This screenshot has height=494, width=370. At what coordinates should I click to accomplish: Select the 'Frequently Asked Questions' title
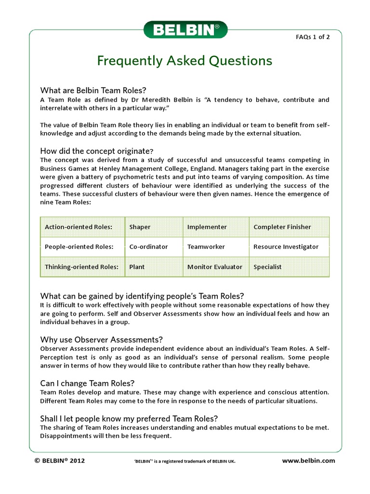click(x=185, y=61)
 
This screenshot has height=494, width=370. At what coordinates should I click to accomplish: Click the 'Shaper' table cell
click(x=140, y=227)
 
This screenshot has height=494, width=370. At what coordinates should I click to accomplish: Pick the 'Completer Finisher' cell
click(x=282, y=227)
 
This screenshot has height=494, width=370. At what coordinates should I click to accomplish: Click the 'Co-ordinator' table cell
click(x=148, y=247)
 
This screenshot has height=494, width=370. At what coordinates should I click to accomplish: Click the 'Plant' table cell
click(x=137, y=267)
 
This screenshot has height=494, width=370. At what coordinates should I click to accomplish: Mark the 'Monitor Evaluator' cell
click(x=214, y=267)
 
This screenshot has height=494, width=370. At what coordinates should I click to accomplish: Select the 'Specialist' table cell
click(x=267, y=267)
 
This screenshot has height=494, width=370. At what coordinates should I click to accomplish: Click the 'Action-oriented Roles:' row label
click(x=79, y=227)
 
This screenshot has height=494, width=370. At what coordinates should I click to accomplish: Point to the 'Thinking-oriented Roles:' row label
click(x=81, y=267)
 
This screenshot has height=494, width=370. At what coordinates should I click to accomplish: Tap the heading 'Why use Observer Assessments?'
click(x=102, y=339)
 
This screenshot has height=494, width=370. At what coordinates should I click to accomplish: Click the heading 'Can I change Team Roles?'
click(x=87, y=383)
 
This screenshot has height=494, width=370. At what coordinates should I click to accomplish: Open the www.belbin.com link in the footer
click(x=308, y=461)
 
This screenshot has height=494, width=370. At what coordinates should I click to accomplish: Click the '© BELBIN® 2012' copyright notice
click(x=60, y=461)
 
